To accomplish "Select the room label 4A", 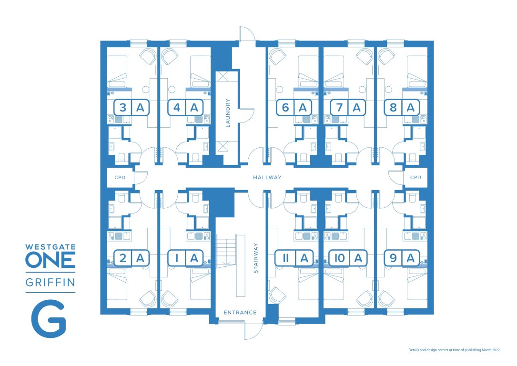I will point(185,108).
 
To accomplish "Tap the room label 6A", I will point(294,108).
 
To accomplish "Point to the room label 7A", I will point(348,108).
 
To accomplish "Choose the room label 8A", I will point(402,108).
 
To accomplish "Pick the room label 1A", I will point(185,258).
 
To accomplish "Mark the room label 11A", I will point(294,258).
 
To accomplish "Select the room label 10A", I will point(348,258).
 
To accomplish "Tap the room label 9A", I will point(402,258).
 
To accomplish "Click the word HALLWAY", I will point(268,178).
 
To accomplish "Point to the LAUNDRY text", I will point(228,113).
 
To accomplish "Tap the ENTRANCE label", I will point(240,313).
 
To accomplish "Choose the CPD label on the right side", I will point(416,178).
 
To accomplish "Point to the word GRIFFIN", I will point(50,283).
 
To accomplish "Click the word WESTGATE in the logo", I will point(50,247).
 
